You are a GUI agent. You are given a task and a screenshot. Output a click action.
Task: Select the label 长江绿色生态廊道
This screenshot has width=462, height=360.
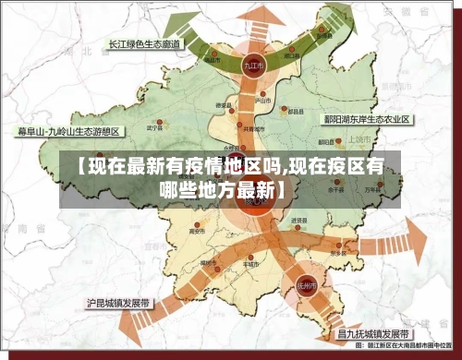[x=147, y=43]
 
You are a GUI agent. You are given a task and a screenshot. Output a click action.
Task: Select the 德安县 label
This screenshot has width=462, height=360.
[x=223, y=105]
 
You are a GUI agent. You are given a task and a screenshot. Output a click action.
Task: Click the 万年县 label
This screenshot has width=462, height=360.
[x=371, y=189]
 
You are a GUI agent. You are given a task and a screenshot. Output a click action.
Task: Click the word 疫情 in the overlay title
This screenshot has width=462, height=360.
[x=173, y=167]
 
